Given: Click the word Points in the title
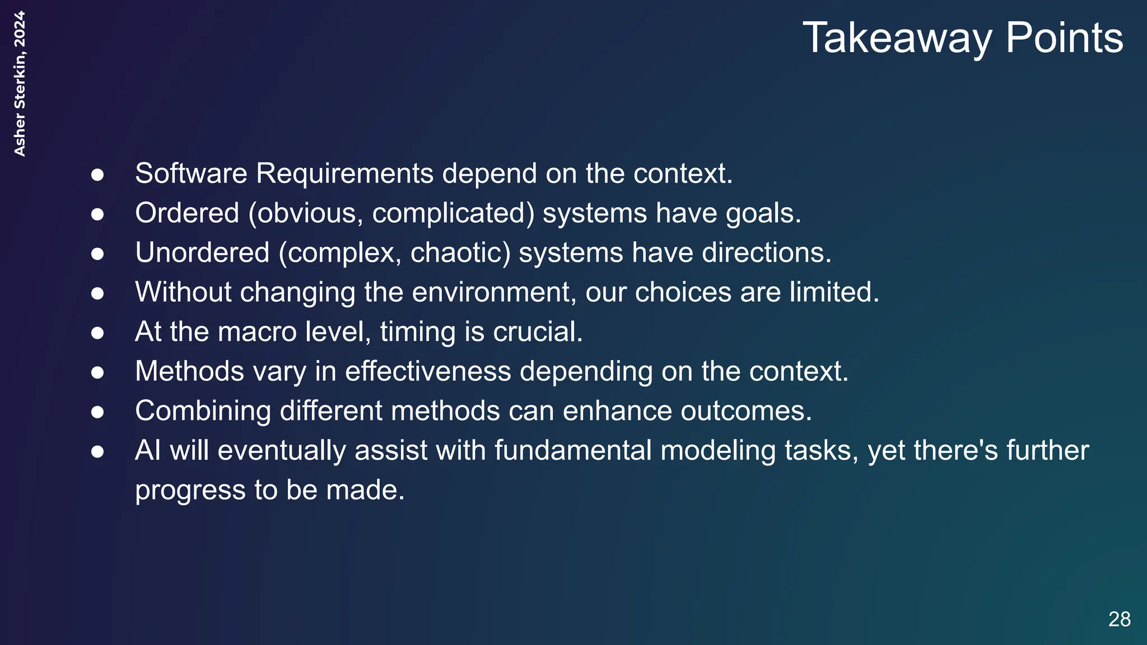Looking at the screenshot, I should point(1064,38).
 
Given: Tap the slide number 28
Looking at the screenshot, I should point(1119,619).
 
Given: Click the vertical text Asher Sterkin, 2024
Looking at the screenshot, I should point(20,84).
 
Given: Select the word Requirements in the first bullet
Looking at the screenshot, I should point(344,174).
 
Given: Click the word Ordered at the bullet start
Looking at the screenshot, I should point(187,213).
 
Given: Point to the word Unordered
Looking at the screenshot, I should point(202,253).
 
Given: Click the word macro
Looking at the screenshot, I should point(257,332).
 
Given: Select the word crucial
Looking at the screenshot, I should point(538,332).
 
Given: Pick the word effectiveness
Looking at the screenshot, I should point(428,371).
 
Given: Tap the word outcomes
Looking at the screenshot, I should point(745,411).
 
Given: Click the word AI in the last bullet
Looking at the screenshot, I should point(148,451).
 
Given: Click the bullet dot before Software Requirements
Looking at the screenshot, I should point(97,175).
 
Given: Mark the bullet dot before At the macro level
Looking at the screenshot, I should point(97,333).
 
